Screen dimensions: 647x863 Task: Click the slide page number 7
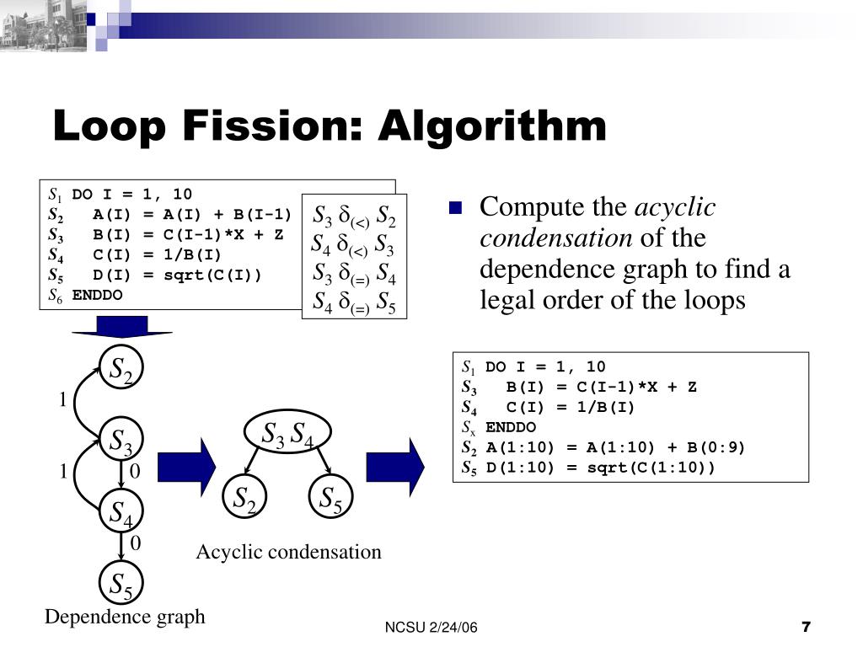pos(806,627)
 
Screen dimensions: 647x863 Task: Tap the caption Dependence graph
pos(125,617)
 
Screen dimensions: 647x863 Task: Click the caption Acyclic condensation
pos(288,552)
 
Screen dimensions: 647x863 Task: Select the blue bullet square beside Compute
pos(456,208)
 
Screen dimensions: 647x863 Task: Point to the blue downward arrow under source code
pos(121,326)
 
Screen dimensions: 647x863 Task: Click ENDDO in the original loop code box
pos(97,295)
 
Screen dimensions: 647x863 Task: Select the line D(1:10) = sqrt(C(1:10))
pos(599,468)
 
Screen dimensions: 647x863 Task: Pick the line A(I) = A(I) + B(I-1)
pos(191,213)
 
